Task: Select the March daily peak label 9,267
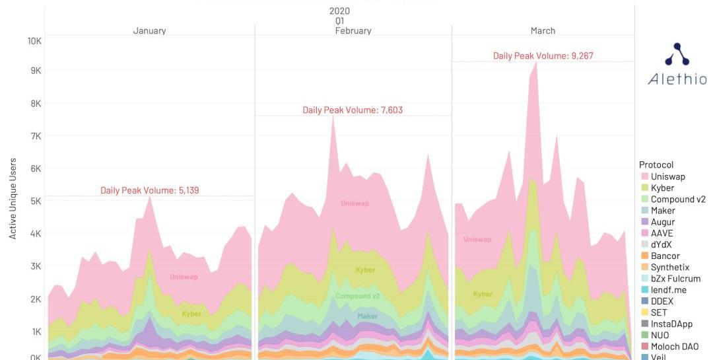(543, 56)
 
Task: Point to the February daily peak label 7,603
(353, 110)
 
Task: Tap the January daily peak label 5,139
(150, 190)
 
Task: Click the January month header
(149, 30)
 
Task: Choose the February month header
(353, 30)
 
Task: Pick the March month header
(543, 30)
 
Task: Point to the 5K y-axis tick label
(34, 201)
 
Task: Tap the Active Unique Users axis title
(13, 198)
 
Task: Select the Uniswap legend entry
(667, 176)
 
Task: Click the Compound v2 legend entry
(677, 199)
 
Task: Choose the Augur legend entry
(662, 222)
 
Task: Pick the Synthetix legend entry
(669, 268)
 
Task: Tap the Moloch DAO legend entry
(674, 346)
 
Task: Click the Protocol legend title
(656, 164)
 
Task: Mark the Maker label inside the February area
(368, 316)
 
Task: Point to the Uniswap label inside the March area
(477, 239)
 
